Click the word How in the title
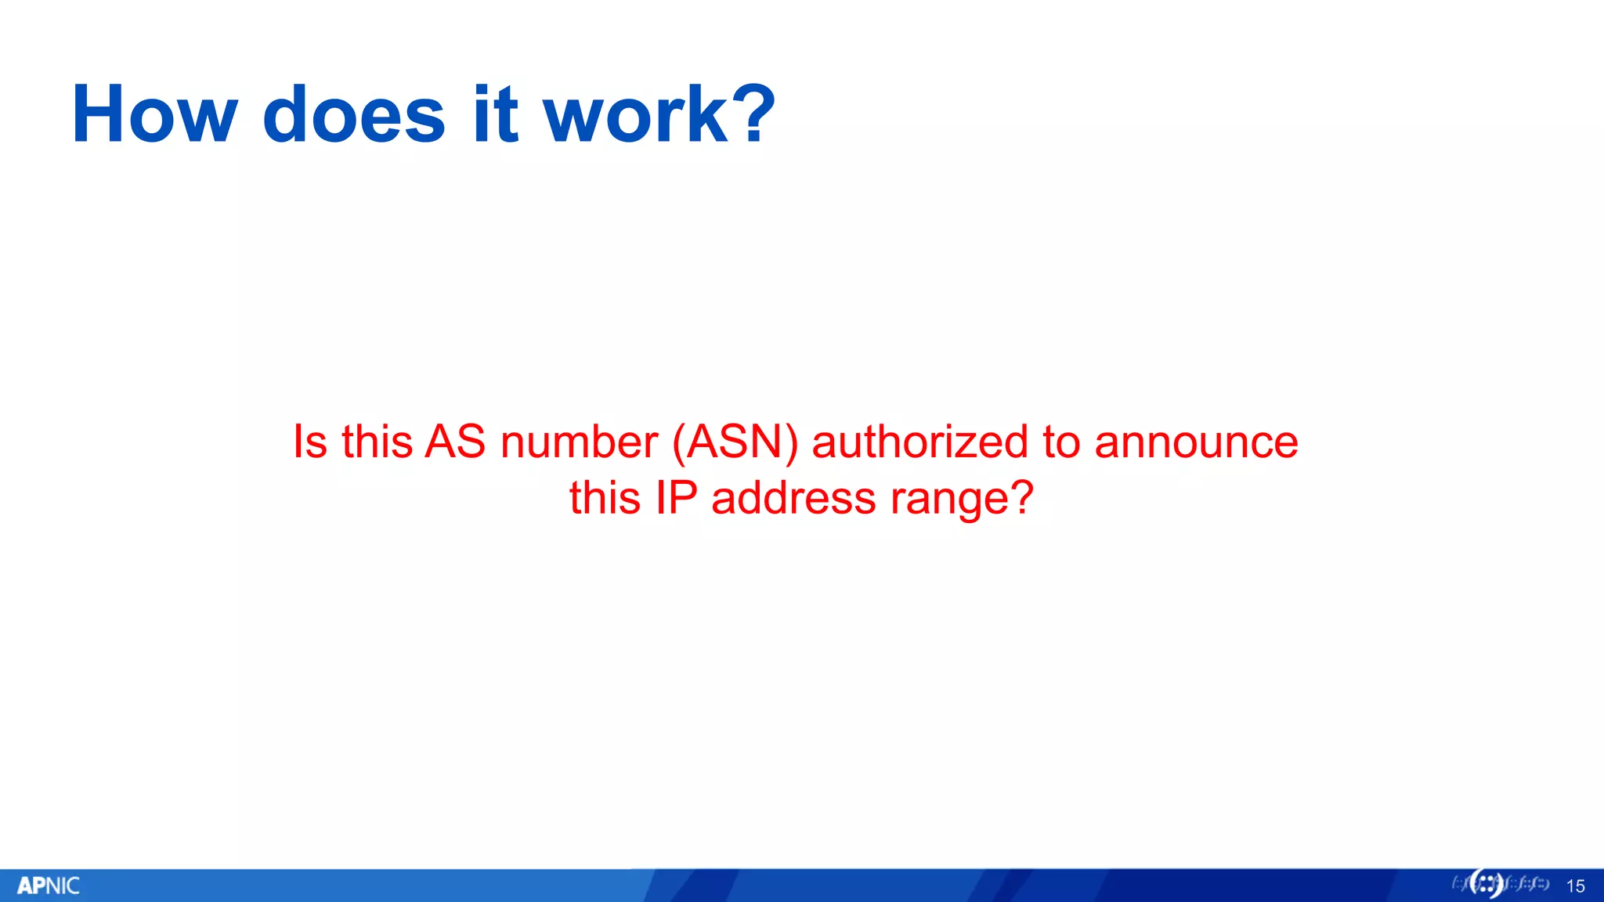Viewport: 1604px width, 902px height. click(x=154, y=115)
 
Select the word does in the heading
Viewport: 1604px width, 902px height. click(x=354, y=115)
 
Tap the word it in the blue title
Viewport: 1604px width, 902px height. click(x=495, y=115)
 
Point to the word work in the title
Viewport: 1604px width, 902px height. click(x=636, y=115)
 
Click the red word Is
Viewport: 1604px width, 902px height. click(x=309, y=442)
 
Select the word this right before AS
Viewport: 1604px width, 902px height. click(x=377, y=442)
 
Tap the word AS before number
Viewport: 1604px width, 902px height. click(x=455, y=442)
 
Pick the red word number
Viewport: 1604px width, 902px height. click(x=579, y=442)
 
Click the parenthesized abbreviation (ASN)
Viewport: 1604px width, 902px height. click(x=735, y=442)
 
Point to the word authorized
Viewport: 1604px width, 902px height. click(x=919, y=442)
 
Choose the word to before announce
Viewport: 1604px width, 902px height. click(x=1061, y=443)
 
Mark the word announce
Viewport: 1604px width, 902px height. click(x=1196, y=443)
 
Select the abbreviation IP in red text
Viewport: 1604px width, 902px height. click(x=676, y=498)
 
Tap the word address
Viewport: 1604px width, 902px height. click(x=793, y=498)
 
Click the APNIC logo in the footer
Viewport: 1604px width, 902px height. click(x=49, y=886)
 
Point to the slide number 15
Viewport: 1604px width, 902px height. click(x=1575, y=886)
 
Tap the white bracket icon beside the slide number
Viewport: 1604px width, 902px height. click(x=1486, y=884)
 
